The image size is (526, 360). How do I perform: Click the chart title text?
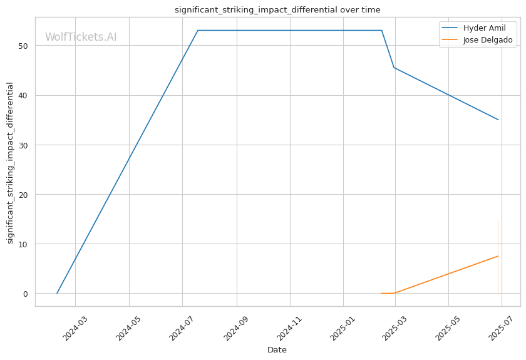[277, 9]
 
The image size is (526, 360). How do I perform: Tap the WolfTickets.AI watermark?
[81, 37]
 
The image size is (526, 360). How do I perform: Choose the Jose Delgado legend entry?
[487, 40]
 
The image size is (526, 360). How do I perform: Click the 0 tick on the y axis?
[27, 294]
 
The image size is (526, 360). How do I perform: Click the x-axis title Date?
[277, 349]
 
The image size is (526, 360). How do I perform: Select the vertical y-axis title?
[10, 163]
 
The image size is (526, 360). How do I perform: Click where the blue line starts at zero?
[57, 293]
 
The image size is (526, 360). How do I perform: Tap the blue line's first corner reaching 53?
[198, 30]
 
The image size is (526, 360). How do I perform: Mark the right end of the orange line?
[498, 256]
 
